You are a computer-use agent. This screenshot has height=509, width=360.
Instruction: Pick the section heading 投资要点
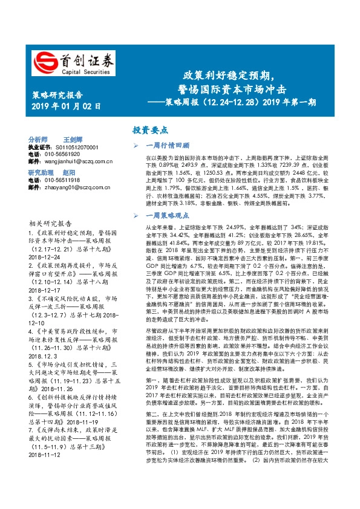[151, 130]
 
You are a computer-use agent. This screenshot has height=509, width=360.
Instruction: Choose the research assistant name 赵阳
[68, 173]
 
